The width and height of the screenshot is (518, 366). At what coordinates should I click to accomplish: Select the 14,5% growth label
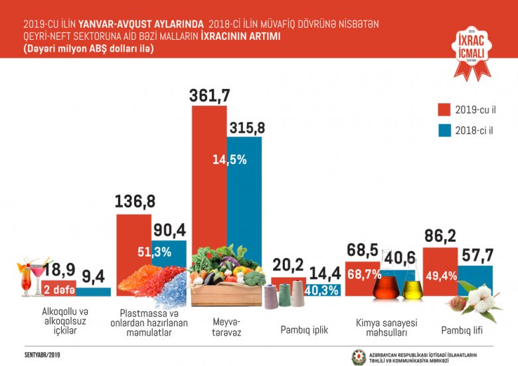(x=230, y=159)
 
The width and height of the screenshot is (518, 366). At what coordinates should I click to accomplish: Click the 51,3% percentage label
(x=154, y=252)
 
